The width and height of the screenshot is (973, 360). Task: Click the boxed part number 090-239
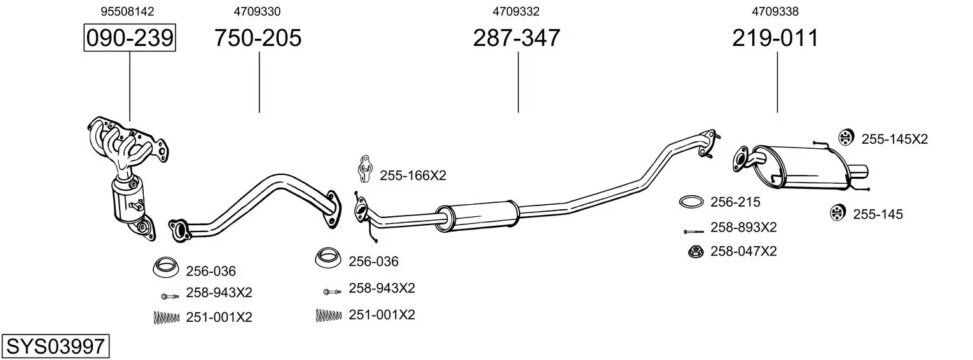click(130, 38)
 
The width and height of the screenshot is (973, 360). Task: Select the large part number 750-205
click(258, 38)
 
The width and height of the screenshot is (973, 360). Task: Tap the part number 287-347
click(516, 38)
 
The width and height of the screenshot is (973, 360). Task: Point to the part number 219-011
click(775, 38)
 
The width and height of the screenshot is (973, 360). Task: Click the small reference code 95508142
click(127, 11)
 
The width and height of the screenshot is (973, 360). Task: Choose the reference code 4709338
click(775, 11)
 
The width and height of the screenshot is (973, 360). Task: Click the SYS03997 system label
click(55, 347)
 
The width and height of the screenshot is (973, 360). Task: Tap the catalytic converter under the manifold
click(128, 200)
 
